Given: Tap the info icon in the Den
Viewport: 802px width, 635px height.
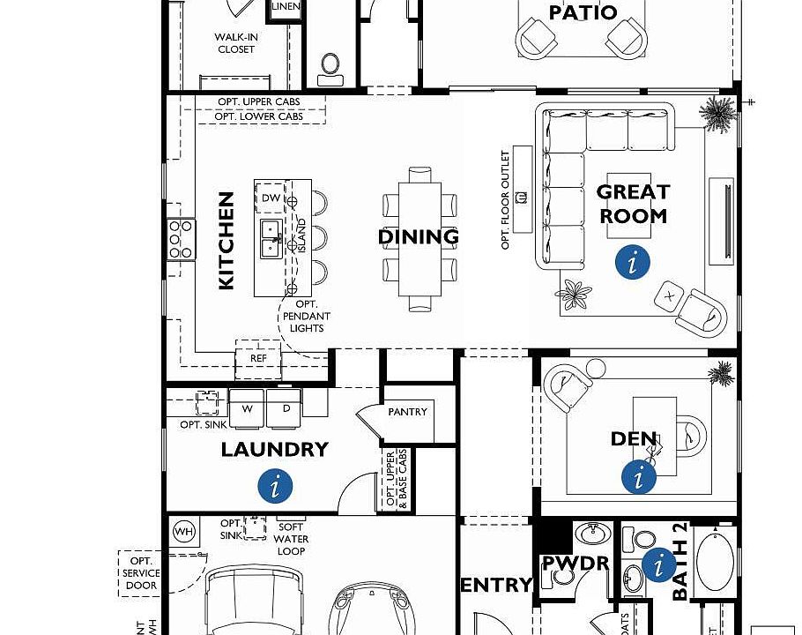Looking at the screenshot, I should pos(639,477).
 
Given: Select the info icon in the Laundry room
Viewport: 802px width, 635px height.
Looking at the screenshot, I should pos(276,485).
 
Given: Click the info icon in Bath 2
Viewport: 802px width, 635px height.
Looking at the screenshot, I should pos(658,564).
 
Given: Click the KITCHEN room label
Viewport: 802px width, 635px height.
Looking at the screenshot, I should pos(226,241).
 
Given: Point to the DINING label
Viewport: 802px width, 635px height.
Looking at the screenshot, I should pos(419,237).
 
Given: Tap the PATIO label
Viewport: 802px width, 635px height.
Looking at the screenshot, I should pos(583,13).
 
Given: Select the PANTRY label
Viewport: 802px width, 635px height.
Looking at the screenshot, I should pos(407,412).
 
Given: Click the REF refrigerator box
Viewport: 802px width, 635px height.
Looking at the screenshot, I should pos(258,359).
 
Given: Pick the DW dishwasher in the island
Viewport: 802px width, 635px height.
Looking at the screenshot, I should pos(271,199).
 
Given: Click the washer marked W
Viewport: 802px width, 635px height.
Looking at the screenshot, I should pos(248,409).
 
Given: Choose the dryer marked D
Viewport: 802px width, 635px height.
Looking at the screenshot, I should pos(286,409).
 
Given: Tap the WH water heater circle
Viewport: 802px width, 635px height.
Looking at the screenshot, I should pos(183,532).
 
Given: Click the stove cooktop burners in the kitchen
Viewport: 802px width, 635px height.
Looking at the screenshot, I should pos(182,239).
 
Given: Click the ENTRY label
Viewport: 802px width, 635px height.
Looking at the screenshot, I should pos(496,585).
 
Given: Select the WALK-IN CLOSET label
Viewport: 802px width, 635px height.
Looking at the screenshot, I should pos(235,43).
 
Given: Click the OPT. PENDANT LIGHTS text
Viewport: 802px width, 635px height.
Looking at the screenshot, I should pos(306,317).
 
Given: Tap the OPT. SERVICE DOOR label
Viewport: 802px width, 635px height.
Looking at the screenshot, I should pos(141,573).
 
